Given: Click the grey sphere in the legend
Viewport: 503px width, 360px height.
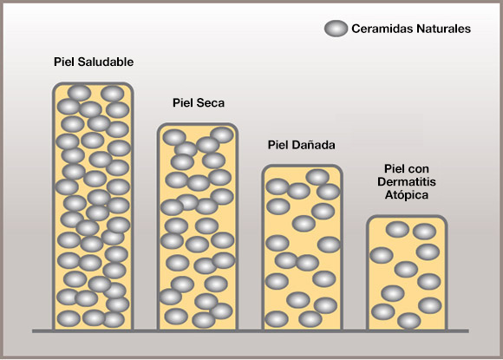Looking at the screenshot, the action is coord(336,29).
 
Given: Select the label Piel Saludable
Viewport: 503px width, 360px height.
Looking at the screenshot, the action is coord(94,62).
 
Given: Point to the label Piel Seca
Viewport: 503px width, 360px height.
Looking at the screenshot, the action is coord(199,102).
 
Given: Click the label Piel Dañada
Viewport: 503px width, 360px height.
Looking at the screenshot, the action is coord(302,145).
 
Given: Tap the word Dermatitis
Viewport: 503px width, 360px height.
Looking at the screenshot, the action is coord(407,181).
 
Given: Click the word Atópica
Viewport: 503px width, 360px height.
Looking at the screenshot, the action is coord(407,195).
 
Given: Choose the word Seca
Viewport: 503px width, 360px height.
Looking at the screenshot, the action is coord(211,102).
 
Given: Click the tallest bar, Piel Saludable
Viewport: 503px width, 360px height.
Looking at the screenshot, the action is coord(93,206).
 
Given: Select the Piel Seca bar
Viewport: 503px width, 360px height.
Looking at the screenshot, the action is coord(198,226).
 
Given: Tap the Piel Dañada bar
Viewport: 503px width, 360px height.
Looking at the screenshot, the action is coord(303,248).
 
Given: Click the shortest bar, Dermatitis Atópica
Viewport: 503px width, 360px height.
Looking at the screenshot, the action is coord(407,273).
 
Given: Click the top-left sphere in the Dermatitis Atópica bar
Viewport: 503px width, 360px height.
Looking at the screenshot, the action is coord(397,229).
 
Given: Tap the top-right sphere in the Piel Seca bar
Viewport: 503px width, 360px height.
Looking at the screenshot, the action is coord(222,134).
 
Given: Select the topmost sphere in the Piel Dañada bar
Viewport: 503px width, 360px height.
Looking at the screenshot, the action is coord(318,177).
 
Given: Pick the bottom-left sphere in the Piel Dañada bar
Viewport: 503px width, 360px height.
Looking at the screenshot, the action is coord(277,319).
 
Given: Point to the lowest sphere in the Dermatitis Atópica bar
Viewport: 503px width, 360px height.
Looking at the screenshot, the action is coord(409,321).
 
